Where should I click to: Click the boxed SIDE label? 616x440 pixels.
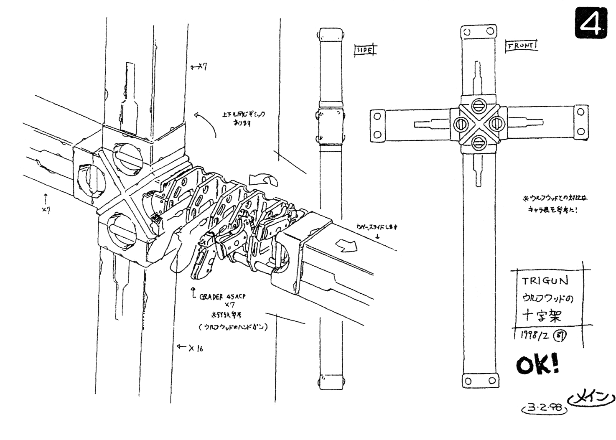pyautogui.click(x=365, y=50)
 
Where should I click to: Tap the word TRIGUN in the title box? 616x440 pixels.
pyautogui.click(x=545, y=280)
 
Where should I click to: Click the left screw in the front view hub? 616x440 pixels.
pyautogui.click(x=460, y=124)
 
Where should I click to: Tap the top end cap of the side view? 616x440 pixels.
pyautogui.click(x=331, y=34)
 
